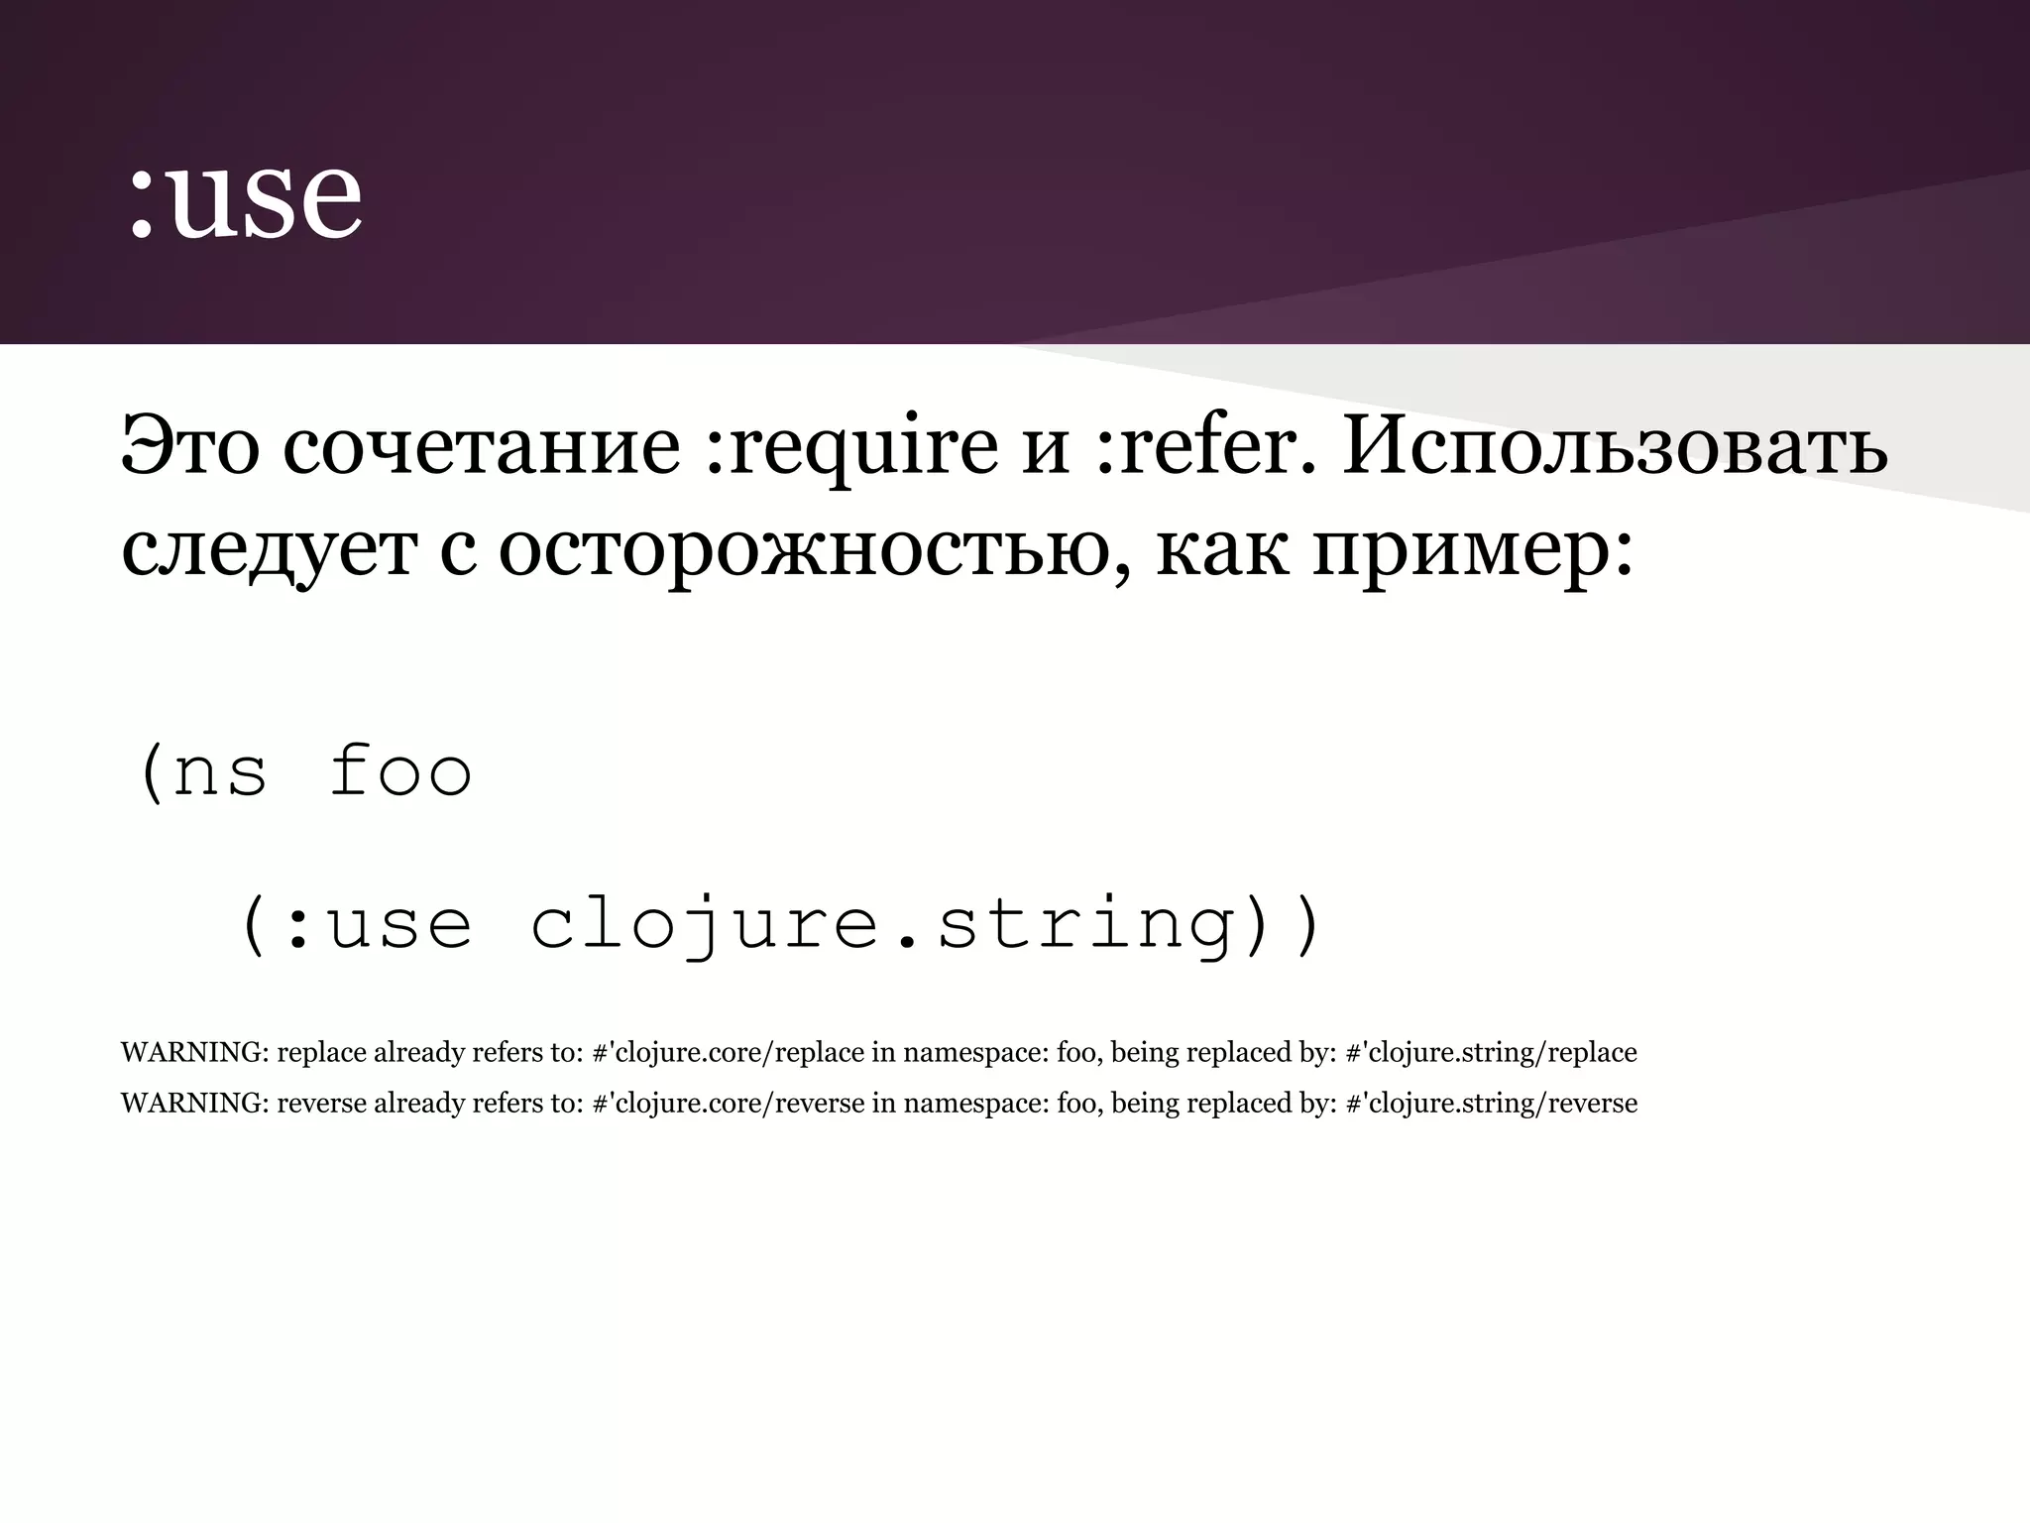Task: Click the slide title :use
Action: pyautogui.click(x=245, y=198)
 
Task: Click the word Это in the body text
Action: pyautogui.click(x=189, y=445)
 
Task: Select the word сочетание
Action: pyautogui.click(x=482, y=445)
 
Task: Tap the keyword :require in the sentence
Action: pyautogui.click(x=851, y=445)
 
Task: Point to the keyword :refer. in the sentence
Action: pyautogui.click(x=1205, y=445)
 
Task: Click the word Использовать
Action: pyautogui.click(x=1616, y=445)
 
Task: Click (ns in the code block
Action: pyautogui.click(x=204, y=771)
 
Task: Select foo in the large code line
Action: pyautogui.click(x=400, y=771)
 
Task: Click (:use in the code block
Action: pyautogui.click(x=356, y=924)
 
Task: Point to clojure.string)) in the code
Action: pyautogui.click(x=927, y=924)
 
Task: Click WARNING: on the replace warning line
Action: pyautogui.click(x=194, y=1052)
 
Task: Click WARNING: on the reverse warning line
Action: pyautogui.click(x=194, y=1103)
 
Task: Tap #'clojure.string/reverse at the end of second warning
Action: pyautogui.click(x=1491, y=1103)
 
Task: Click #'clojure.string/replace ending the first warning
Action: pyautogui.click(x=1491, y=1052)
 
